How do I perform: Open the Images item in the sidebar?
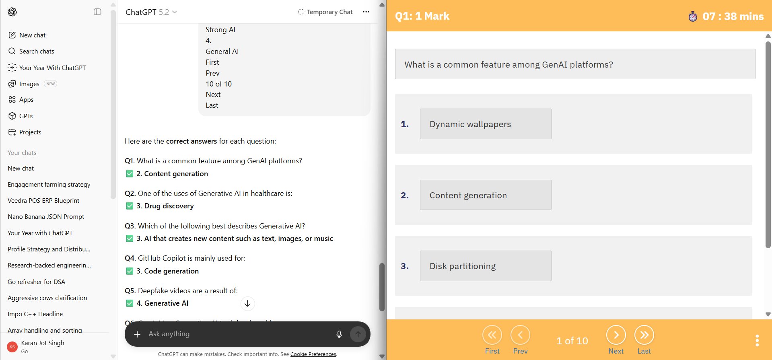29,84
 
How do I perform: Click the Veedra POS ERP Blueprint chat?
43,201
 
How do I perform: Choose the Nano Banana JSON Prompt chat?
46,217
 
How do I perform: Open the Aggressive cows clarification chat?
47,298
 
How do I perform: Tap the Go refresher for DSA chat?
36,282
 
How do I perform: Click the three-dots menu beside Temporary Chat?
366,12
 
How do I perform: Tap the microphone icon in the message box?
339,334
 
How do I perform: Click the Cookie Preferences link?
313,354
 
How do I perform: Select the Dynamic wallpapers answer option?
486,124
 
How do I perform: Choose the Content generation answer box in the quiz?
486,195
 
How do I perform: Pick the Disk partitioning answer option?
486,266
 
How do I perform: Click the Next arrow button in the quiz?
616,335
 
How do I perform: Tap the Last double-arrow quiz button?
644,335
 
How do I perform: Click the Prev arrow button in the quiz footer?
520,335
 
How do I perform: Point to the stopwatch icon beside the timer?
693,16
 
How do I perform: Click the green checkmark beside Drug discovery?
130,206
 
